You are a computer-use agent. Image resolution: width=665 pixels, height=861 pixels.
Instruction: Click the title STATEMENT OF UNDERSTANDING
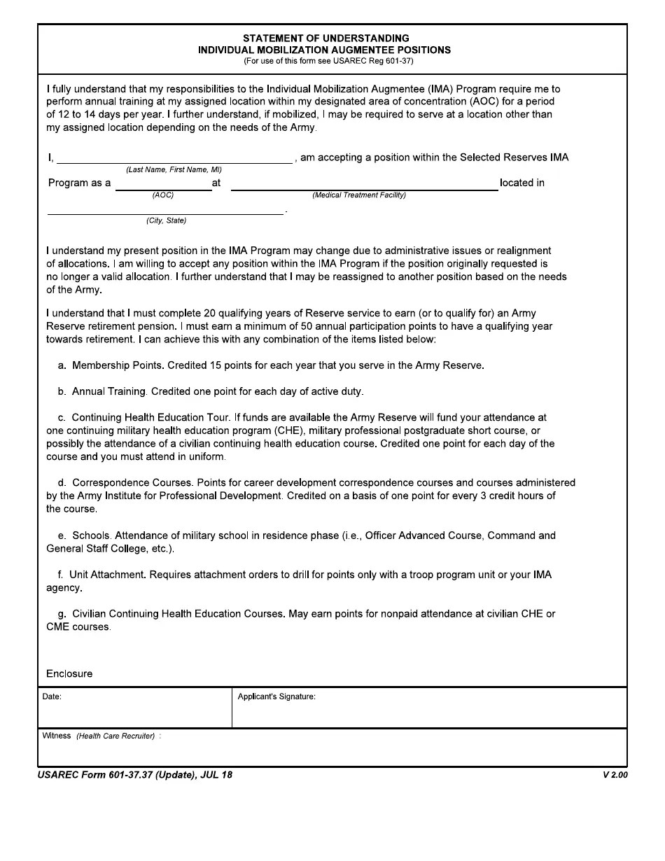coord(326,38)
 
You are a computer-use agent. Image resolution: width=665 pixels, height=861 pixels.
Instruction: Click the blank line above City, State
coord(165,211)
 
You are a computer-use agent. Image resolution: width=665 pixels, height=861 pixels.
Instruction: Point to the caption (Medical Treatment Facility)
coord(359,195)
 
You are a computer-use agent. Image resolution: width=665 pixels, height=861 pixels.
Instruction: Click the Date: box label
coord(52,696)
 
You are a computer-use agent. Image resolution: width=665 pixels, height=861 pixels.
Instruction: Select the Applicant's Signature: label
coord(276,696)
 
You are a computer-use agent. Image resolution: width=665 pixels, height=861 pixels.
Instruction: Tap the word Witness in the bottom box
coord(57,736)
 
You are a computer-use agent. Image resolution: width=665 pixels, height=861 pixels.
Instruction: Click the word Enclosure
coord(69,673)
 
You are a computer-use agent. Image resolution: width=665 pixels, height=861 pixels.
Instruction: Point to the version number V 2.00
coord(615,775)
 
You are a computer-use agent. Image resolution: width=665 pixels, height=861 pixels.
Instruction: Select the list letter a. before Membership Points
coord(62,365)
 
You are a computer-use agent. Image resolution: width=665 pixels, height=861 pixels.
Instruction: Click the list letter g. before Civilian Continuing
coord(62,614)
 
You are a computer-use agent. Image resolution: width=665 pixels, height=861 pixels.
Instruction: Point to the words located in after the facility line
coord(521,183)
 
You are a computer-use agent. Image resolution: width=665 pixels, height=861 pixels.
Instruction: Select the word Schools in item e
coord(90,535)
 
